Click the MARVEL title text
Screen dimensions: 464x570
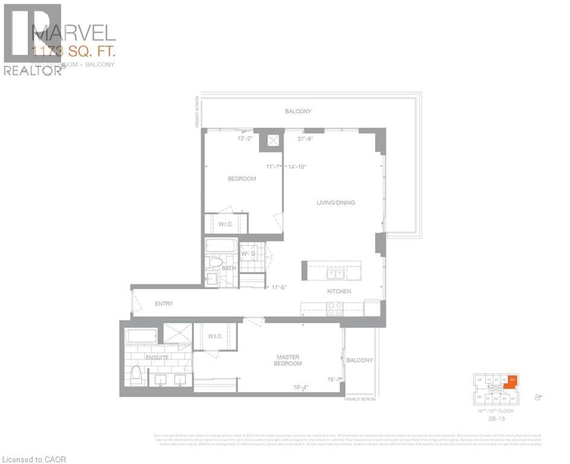click(x=73, y=31)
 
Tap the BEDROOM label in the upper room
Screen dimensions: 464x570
click(x=242, y=179)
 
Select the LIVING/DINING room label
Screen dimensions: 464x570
click(x=336, y=202)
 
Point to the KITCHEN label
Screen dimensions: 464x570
click(x=339, y=291)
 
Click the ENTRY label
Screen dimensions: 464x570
click(x=164, y=303)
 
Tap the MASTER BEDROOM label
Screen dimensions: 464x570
click(x=287, y=360)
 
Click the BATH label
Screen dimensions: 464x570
click(x=229, y=268)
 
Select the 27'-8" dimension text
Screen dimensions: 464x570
click(x=306, y=139)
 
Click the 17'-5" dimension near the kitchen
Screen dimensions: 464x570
click(x=278, y=288)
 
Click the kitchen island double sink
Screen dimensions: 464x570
click(x=335, y=274)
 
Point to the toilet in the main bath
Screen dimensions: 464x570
click(x=215, y=263)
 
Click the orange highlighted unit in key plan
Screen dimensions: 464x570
click(x=511, y=381)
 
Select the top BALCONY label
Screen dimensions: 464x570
click(x=298, y=111)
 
